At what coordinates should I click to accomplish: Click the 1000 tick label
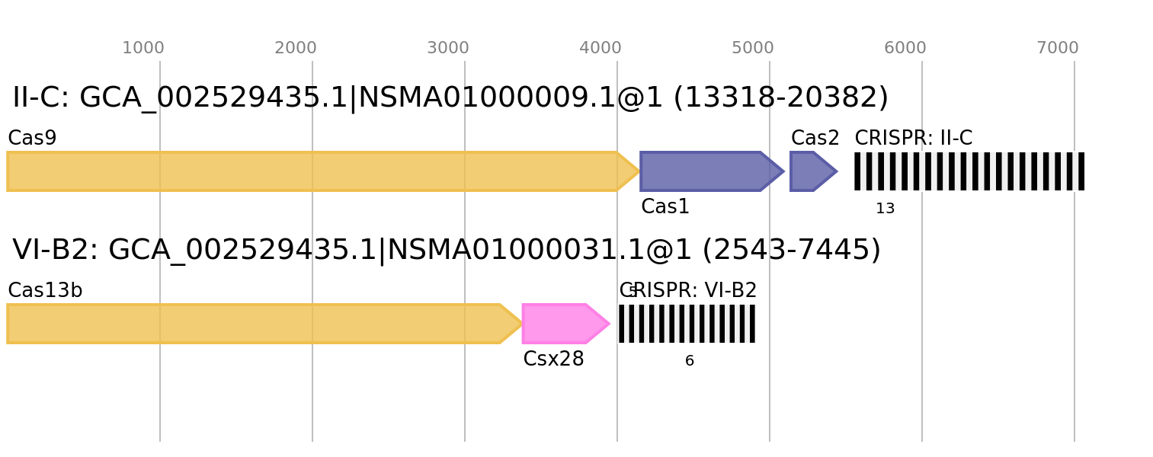coord(143,48)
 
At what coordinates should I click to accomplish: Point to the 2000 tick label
coord(296,48)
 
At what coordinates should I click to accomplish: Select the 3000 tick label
coord(448,48)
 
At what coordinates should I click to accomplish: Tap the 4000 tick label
coord(601,48)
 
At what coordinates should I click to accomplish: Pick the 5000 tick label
coord(753,48)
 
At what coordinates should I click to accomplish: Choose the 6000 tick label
coord(905,48)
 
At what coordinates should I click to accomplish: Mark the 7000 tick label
coord(1058,48)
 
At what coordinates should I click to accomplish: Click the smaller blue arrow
coord(808,171)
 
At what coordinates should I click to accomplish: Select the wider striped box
coord(969,171)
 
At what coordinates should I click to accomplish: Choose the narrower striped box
coord(687,324)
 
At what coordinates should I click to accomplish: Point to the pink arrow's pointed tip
coord(609,324)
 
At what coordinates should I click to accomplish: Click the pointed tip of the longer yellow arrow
coord(639,171)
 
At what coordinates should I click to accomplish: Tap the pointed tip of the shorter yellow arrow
coord(522,324)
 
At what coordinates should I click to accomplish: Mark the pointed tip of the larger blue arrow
coord(783,171)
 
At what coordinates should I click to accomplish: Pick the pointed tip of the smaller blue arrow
coord(837,171)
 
